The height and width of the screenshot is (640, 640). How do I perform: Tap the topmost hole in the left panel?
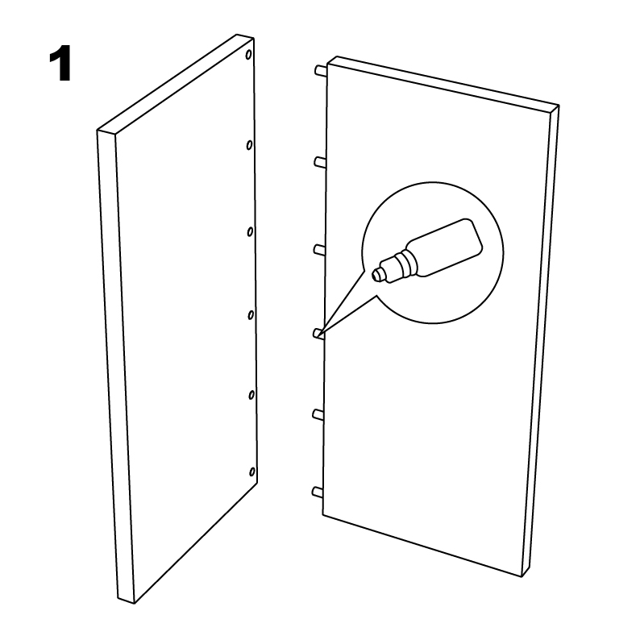248,55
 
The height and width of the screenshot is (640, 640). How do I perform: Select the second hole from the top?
249,145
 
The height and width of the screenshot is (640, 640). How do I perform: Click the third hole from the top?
250,232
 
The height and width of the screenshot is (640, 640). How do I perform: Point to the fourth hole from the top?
251,315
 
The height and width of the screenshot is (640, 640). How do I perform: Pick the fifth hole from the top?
251,395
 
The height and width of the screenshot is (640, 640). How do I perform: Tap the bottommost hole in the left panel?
252,472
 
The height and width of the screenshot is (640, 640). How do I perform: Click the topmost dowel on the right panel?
321,71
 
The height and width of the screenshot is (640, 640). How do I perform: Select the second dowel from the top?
320,162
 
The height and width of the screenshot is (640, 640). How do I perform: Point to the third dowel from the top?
319,249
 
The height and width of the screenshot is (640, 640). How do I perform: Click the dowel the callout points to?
318,334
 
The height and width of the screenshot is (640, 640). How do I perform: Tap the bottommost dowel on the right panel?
318,492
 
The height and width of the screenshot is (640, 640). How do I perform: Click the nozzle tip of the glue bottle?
378,275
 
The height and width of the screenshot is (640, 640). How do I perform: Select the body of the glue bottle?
446,247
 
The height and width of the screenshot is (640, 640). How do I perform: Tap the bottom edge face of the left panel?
126,600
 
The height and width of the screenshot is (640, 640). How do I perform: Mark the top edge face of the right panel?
443,83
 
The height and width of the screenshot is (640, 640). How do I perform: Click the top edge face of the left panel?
176,85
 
